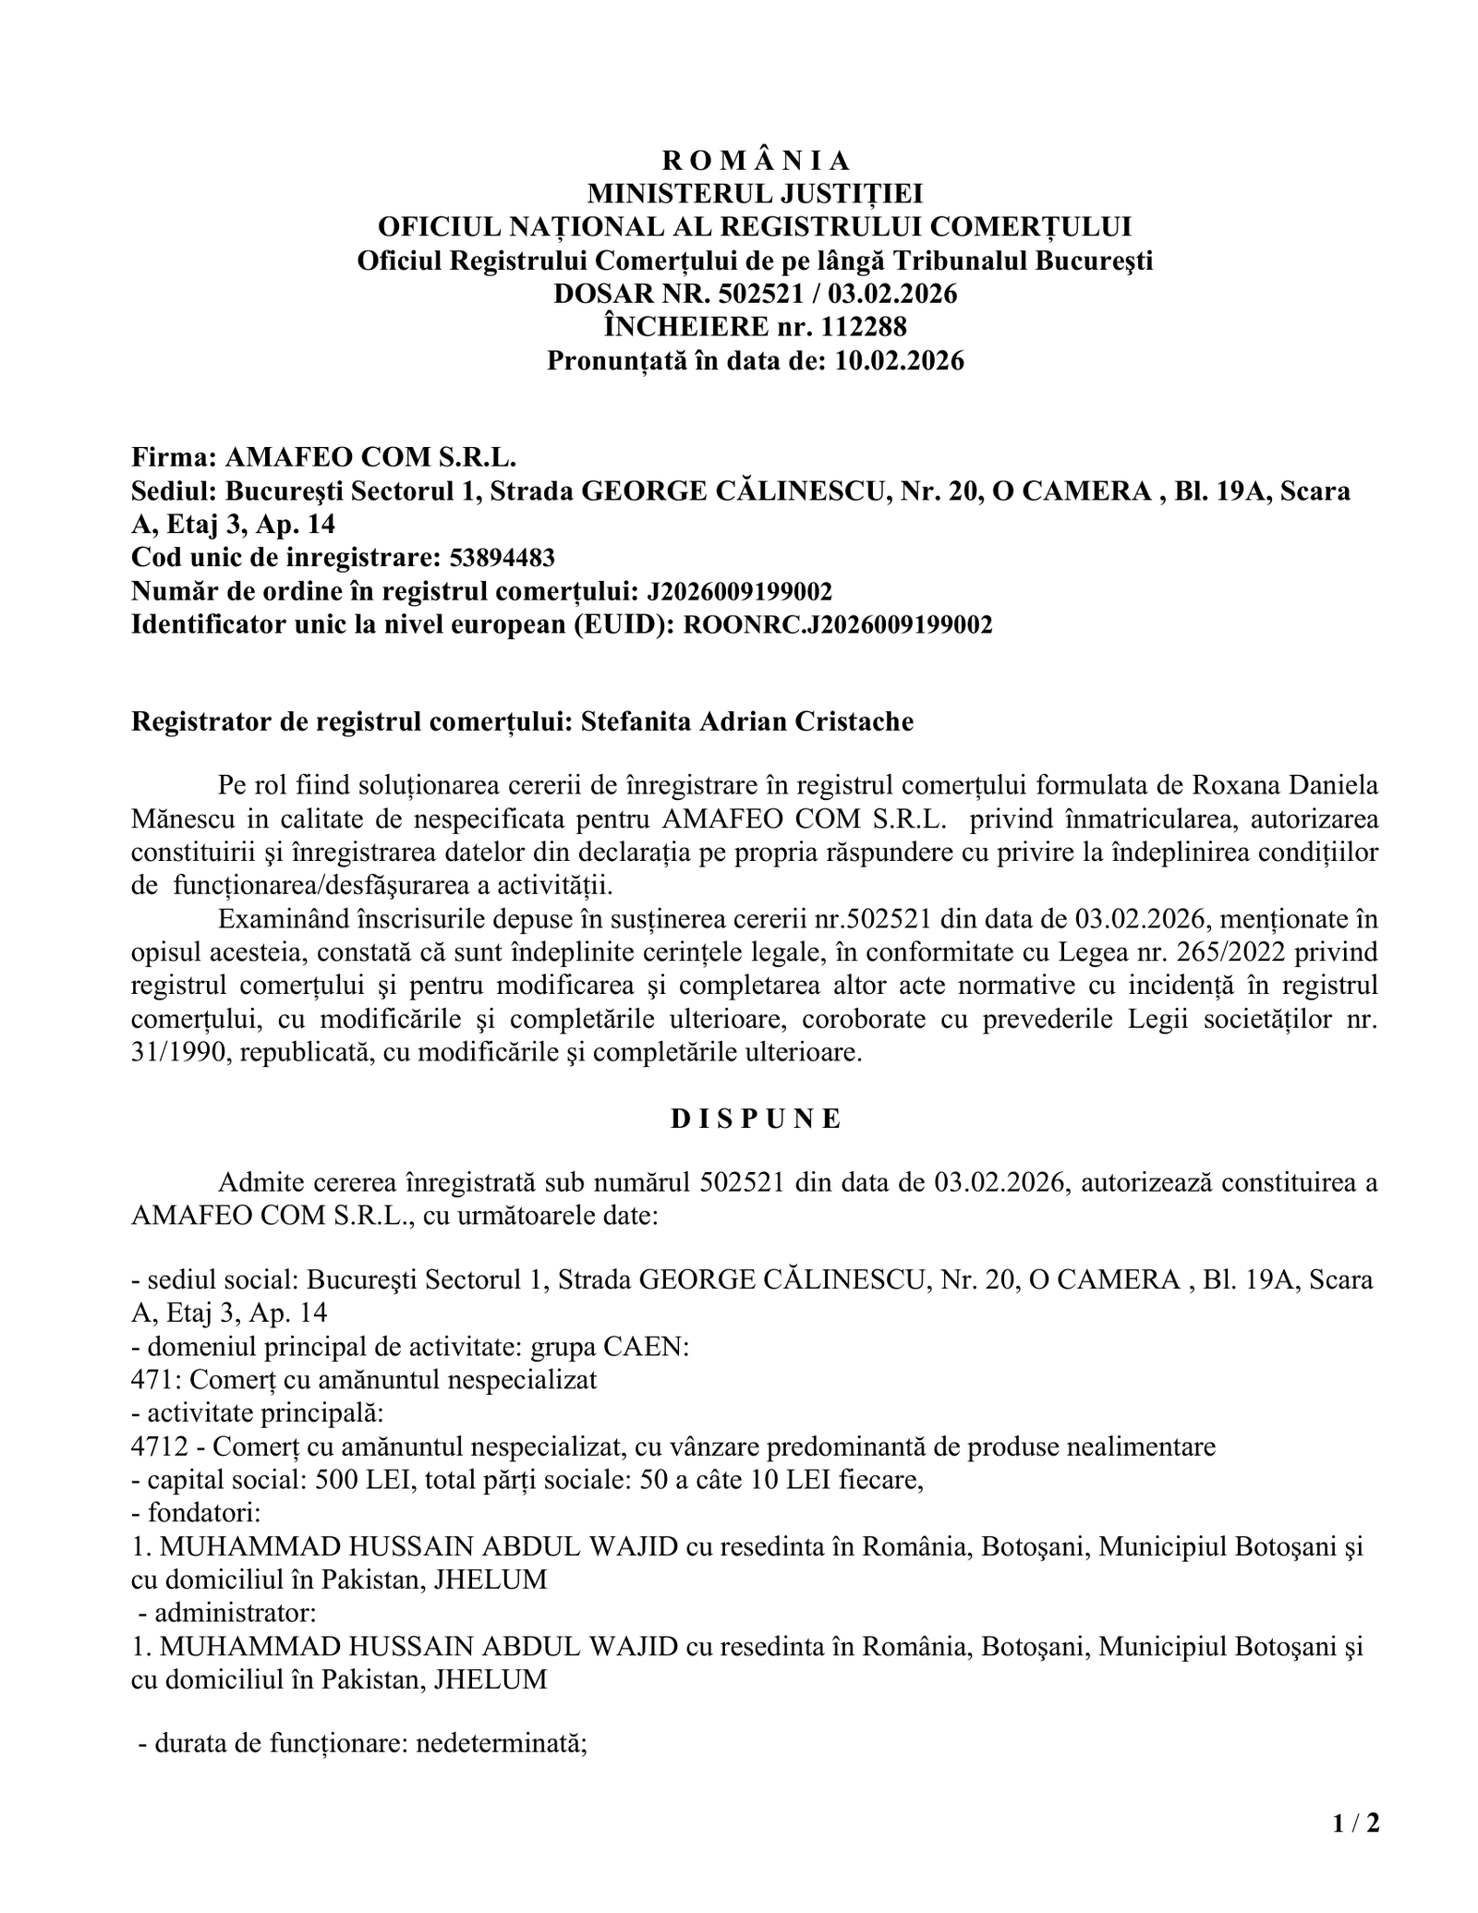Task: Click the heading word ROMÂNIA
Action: click(x=755, y=161)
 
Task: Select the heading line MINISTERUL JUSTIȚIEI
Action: click(x=755, y=194)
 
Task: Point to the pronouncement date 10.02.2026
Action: click(x=899, y=359)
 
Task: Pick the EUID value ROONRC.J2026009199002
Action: click(x=837, y=624)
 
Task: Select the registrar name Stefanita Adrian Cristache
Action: click(x=746, y=721)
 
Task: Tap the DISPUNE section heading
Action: click(x=755, y=1119)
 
